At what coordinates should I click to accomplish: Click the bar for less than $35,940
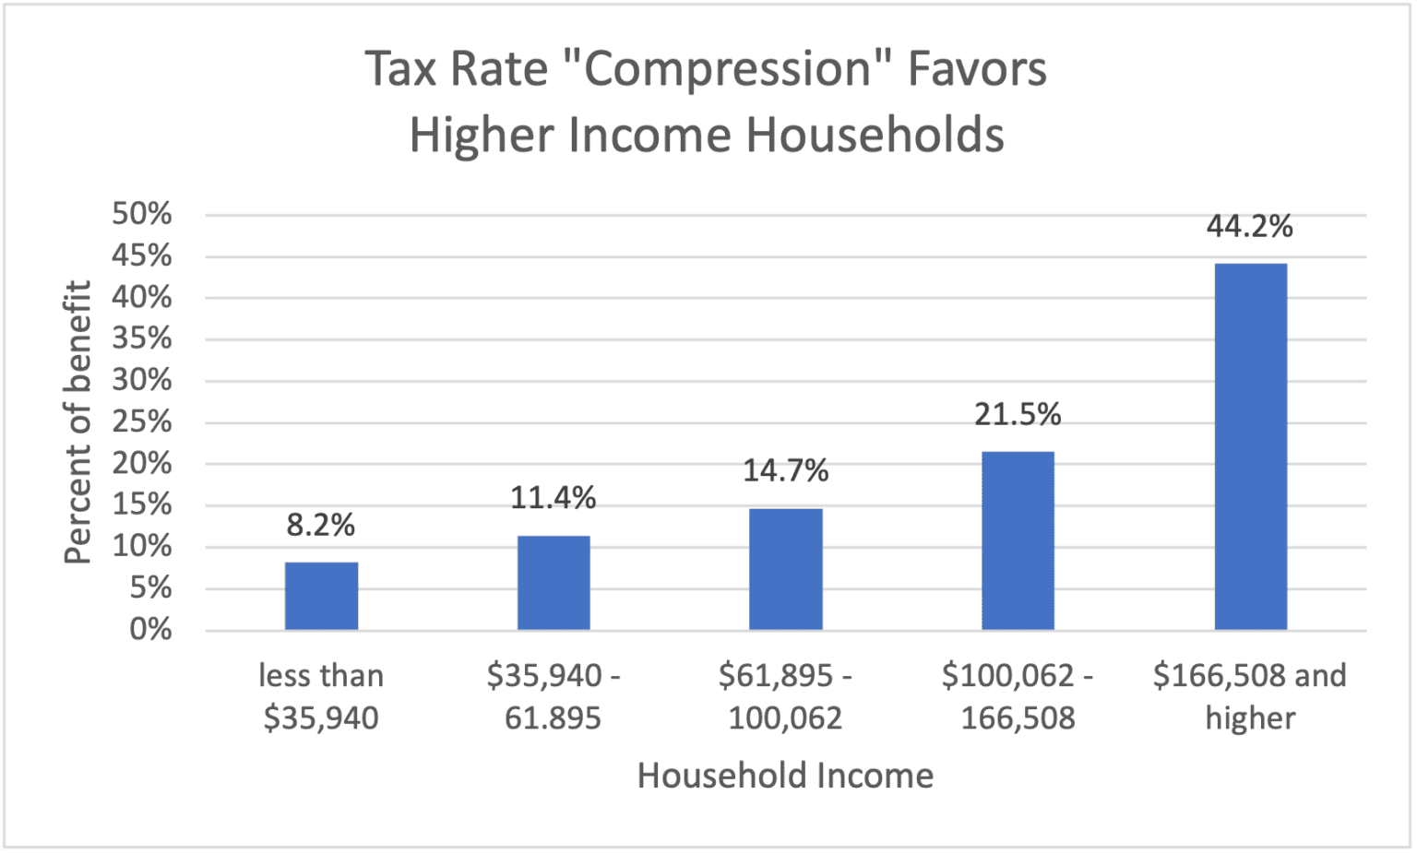(321, 596)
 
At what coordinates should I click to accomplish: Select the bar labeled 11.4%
(554, 583)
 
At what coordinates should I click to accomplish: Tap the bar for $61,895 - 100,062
(786, 569)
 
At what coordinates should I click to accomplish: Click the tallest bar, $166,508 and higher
(1250, 446)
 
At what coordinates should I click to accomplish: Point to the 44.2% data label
(1250, 226)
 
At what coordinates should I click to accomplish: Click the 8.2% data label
(321, 525)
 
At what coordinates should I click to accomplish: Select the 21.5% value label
(1018, 414)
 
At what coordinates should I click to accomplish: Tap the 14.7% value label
(786, 470)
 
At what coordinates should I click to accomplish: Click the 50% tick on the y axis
(142, 214)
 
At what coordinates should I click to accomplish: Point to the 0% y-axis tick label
(150, 629)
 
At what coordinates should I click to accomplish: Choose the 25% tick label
(142, 421)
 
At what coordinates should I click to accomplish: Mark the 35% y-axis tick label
(142, 338)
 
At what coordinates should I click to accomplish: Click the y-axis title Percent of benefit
(78, 421)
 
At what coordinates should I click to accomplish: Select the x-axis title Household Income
(785, 776)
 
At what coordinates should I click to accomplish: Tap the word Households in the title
(875, 135)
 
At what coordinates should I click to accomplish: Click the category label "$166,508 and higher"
(1250, 696)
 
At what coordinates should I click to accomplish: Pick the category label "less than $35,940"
(321, 696)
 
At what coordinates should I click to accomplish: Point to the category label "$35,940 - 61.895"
(554, 696)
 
